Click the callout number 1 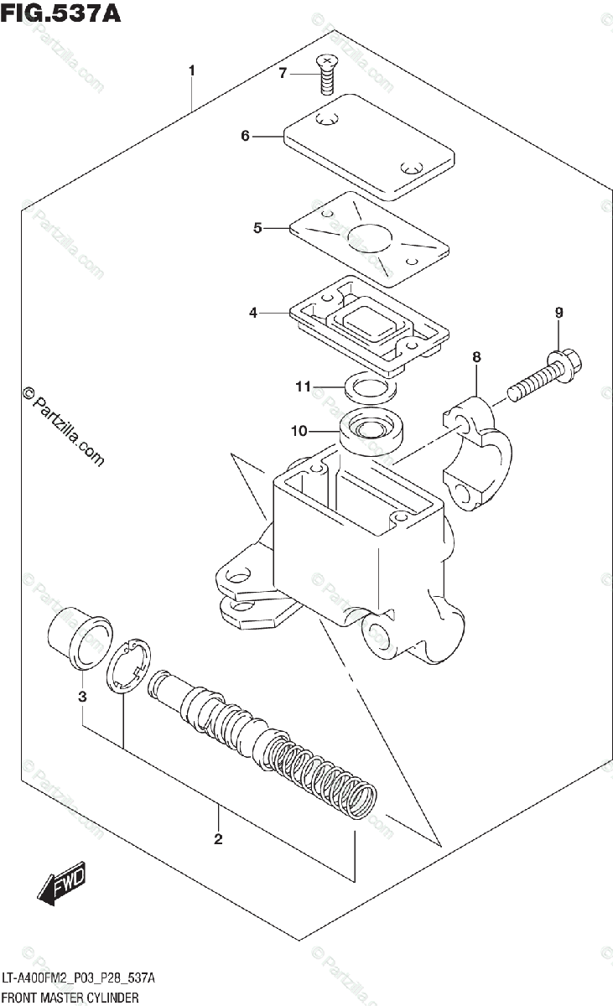pos(192,70)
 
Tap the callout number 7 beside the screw pos(283,74)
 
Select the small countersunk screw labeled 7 pos(325,74)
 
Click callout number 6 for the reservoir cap pos(245,135)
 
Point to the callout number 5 pos(257,227)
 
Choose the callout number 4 pos(252,314)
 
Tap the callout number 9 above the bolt pos(558,313)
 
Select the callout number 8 pos(476,357)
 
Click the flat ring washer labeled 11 pos(369,387)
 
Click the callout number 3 pos(82,697)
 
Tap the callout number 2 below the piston pos(218,838)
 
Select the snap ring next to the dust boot pos(128,667)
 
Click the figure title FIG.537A pos(60,14)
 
